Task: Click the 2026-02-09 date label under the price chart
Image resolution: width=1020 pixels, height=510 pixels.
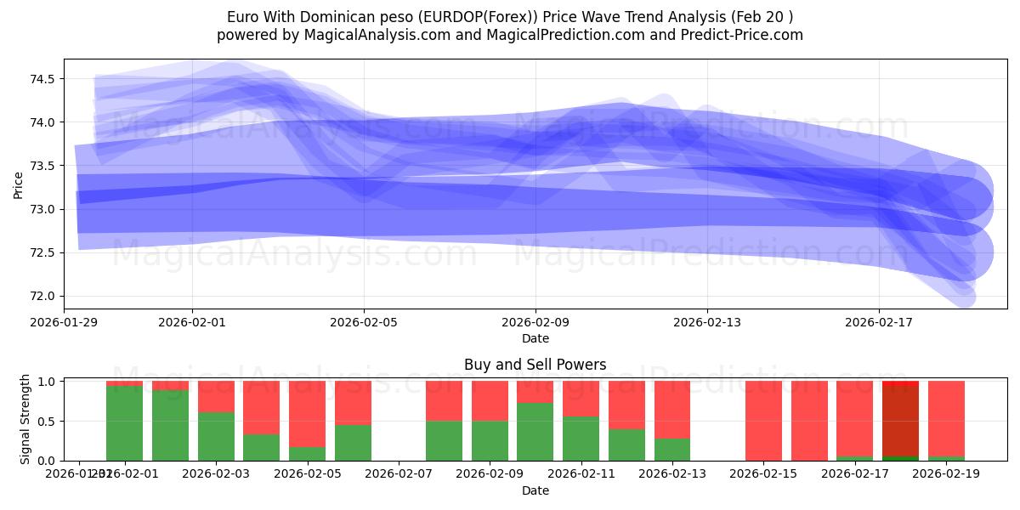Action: coord(535,322)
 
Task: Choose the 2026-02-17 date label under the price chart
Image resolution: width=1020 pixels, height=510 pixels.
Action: coord(879,322)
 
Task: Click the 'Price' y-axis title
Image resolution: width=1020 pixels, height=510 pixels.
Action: coord(18,184)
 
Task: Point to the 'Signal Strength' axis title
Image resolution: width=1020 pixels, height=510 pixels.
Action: coord(25,419)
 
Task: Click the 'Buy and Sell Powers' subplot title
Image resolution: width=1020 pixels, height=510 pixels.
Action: coord(535,365)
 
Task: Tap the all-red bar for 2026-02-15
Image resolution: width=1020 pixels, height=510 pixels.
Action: coord(763,421)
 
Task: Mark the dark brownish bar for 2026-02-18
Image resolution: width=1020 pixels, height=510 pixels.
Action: coord(900,421)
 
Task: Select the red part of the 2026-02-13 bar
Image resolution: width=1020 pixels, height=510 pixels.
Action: coord(672,409)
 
